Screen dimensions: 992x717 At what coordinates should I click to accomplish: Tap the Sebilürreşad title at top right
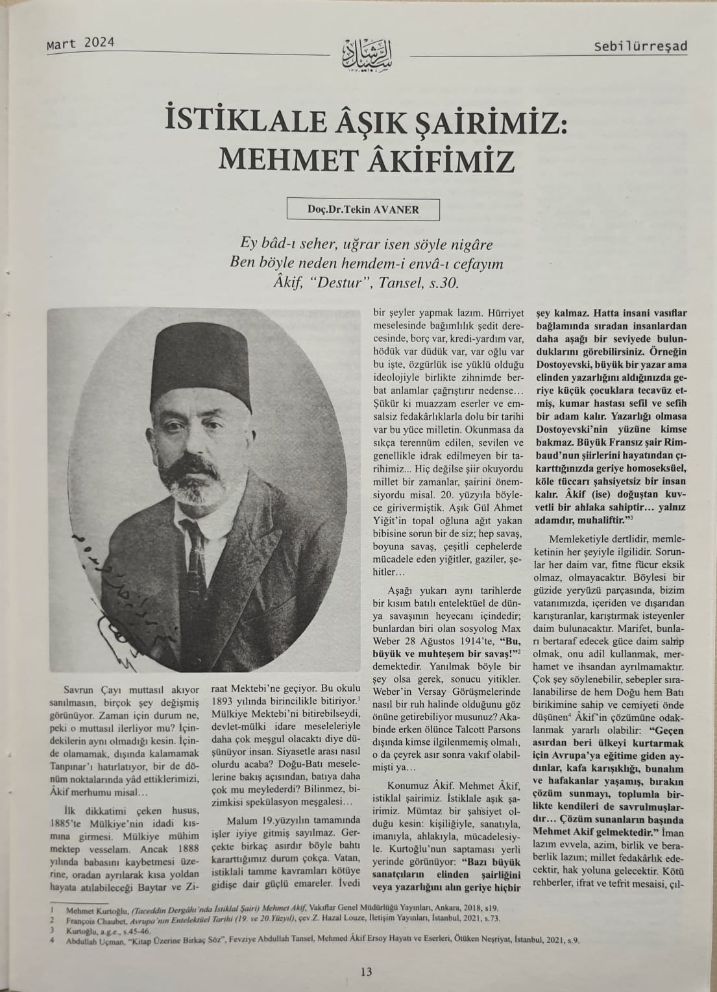(x=640, y=47)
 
